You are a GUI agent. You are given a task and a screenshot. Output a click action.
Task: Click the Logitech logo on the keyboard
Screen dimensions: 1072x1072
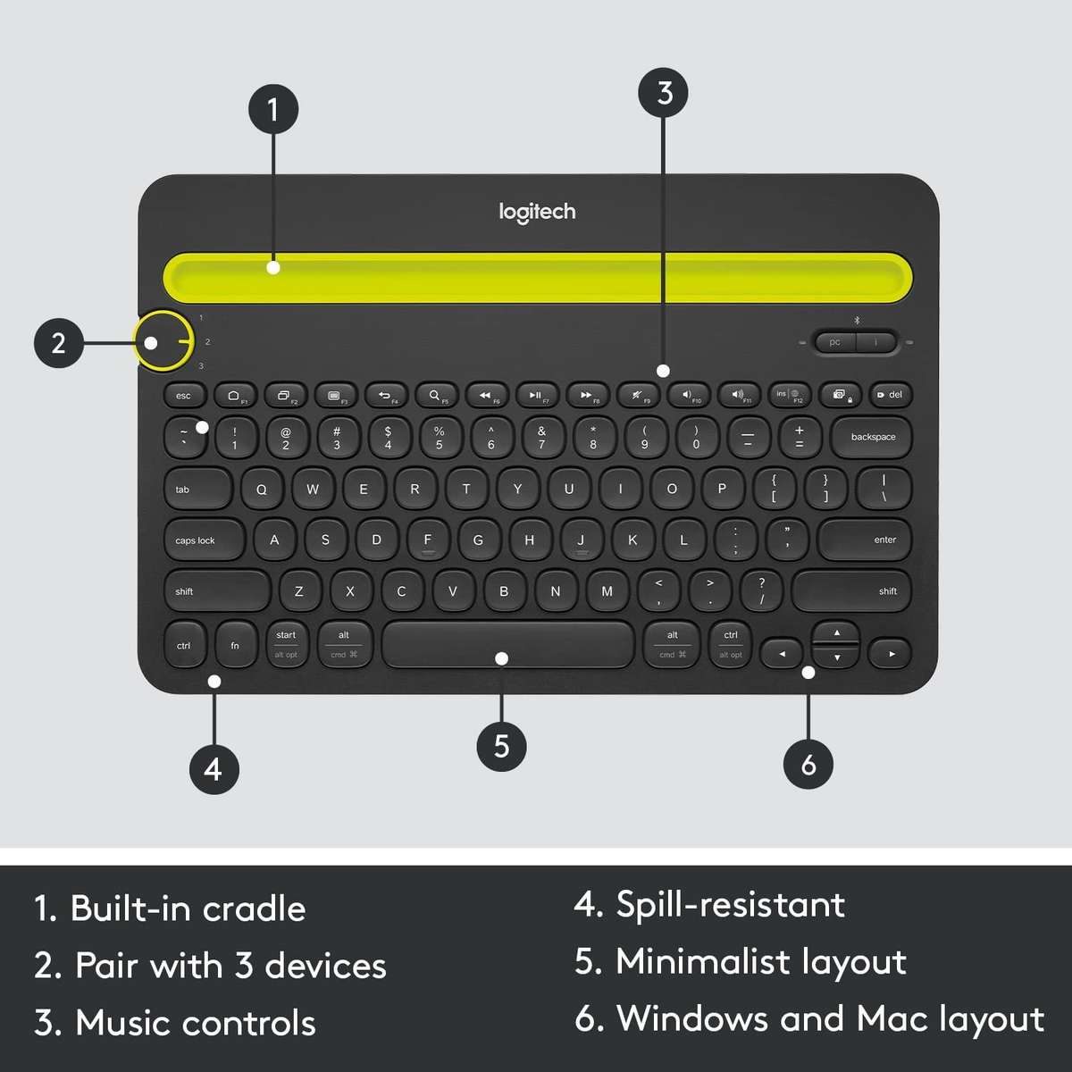[537, 212]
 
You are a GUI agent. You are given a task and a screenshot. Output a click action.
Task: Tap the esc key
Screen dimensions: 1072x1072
[185, 395]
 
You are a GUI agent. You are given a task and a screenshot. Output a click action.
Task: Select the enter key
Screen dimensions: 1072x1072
[865, 540]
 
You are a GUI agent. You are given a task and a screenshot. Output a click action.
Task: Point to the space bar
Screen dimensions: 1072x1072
[507, 644]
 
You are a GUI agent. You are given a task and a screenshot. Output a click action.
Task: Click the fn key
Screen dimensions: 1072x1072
[235, 645]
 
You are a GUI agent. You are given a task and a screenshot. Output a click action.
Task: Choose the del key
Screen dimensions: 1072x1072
[891, 394]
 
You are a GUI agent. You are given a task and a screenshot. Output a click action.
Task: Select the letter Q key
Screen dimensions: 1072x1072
[261, 489]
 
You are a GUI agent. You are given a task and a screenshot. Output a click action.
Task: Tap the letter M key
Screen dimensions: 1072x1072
[607, 590]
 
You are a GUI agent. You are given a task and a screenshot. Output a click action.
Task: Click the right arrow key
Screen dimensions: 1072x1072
[890, 654]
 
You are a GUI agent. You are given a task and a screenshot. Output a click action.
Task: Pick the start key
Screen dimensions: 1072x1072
[286, 644]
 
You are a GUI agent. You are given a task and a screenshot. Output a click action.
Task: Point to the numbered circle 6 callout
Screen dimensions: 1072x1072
[808, 765]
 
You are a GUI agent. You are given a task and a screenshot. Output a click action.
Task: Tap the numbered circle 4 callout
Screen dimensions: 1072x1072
[214, 768]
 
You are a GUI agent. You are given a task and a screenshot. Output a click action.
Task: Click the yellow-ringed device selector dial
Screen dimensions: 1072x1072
[163, 341]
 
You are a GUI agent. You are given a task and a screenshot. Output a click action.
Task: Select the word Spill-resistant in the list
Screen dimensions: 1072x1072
[730, 905]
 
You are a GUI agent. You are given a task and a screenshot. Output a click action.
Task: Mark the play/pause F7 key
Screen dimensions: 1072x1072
[535, 395]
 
